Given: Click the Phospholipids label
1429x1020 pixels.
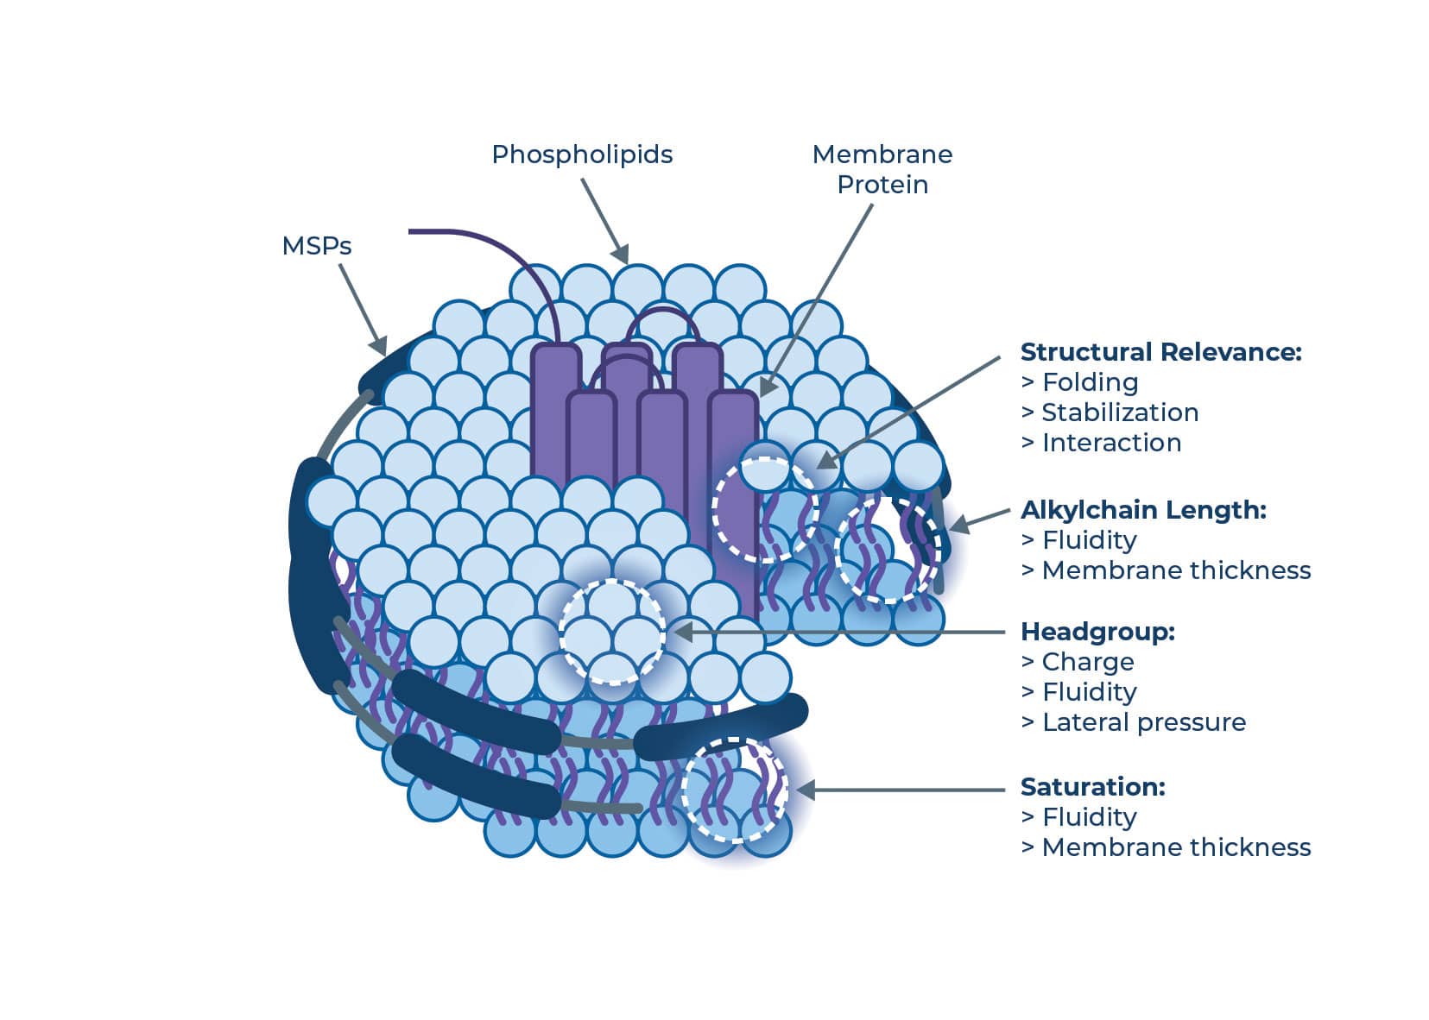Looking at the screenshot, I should point(582,154).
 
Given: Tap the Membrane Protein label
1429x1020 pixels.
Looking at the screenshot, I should point(882,169).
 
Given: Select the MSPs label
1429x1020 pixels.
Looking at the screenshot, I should point(317,246).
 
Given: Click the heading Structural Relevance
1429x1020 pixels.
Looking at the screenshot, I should point(1160,352).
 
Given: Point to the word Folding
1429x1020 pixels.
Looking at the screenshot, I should point(1090,382).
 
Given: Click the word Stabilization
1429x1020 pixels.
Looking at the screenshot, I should point(1120,412).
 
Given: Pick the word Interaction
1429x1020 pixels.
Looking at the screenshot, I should point(1111,443).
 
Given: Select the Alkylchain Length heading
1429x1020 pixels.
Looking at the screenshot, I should point(1143,510).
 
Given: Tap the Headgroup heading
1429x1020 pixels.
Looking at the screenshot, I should point(1097,632).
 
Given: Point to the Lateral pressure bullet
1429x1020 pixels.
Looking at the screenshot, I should point(1144,722).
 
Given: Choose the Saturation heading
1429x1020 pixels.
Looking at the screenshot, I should point(1092,787).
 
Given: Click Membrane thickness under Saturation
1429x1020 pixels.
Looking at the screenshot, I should point(1176,847).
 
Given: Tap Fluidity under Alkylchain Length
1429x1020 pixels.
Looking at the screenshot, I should point(1089,540).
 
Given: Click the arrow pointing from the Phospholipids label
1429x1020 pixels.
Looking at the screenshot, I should point(604,219).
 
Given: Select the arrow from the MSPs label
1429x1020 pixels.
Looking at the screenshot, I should point(362,307).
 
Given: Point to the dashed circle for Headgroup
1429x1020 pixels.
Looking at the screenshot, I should point(612,633).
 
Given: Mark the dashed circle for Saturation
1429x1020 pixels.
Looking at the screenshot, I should point(735,790).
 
